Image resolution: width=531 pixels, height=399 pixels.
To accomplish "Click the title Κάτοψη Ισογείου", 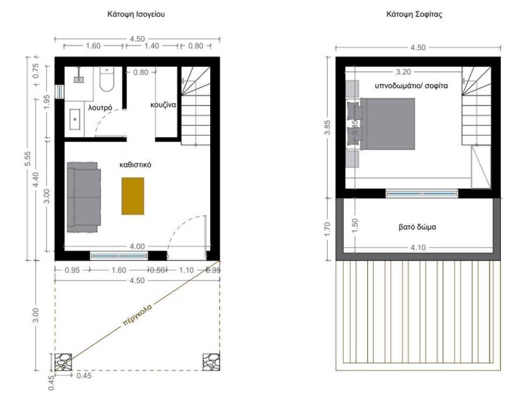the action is [136, 14].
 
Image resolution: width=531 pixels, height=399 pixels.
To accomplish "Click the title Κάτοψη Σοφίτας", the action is [414, 14].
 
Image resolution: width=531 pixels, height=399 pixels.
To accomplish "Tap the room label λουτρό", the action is [100, 108].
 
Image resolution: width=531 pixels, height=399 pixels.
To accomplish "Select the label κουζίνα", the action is [163, 105].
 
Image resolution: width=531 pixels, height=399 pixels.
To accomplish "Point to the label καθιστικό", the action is [135, 165].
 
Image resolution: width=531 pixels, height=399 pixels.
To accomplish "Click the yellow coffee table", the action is [133, 196].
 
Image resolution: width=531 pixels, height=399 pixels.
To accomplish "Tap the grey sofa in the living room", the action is [83, 197].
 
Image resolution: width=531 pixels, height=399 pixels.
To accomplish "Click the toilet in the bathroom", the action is [107, 79].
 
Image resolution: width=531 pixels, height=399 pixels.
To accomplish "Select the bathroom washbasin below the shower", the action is [75, 119].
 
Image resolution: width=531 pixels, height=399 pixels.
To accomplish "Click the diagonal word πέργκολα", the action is [137, 315].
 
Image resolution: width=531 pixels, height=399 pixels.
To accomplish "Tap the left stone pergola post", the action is [63, 362].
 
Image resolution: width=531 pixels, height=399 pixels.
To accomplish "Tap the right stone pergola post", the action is [212, 362].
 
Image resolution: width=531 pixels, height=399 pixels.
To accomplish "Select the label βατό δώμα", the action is [417, 227].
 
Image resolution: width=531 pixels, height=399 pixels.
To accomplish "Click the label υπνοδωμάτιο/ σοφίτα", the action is [411, 86].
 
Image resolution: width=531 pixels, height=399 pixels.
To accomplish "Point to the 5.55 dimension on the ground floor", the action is [27, 159].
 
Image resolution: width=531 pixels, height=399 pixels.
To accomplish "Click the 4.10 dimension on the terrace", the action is [418, 248].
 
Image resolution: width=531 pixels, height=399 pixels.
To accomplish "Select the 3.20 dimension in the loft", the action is [403, 72].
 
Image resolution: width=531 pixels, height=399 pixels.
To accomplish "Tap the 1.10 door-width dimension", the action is [186, 270].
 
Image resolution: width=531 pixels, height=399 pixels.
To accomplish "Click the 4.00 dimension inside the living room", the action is [137, 246].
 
